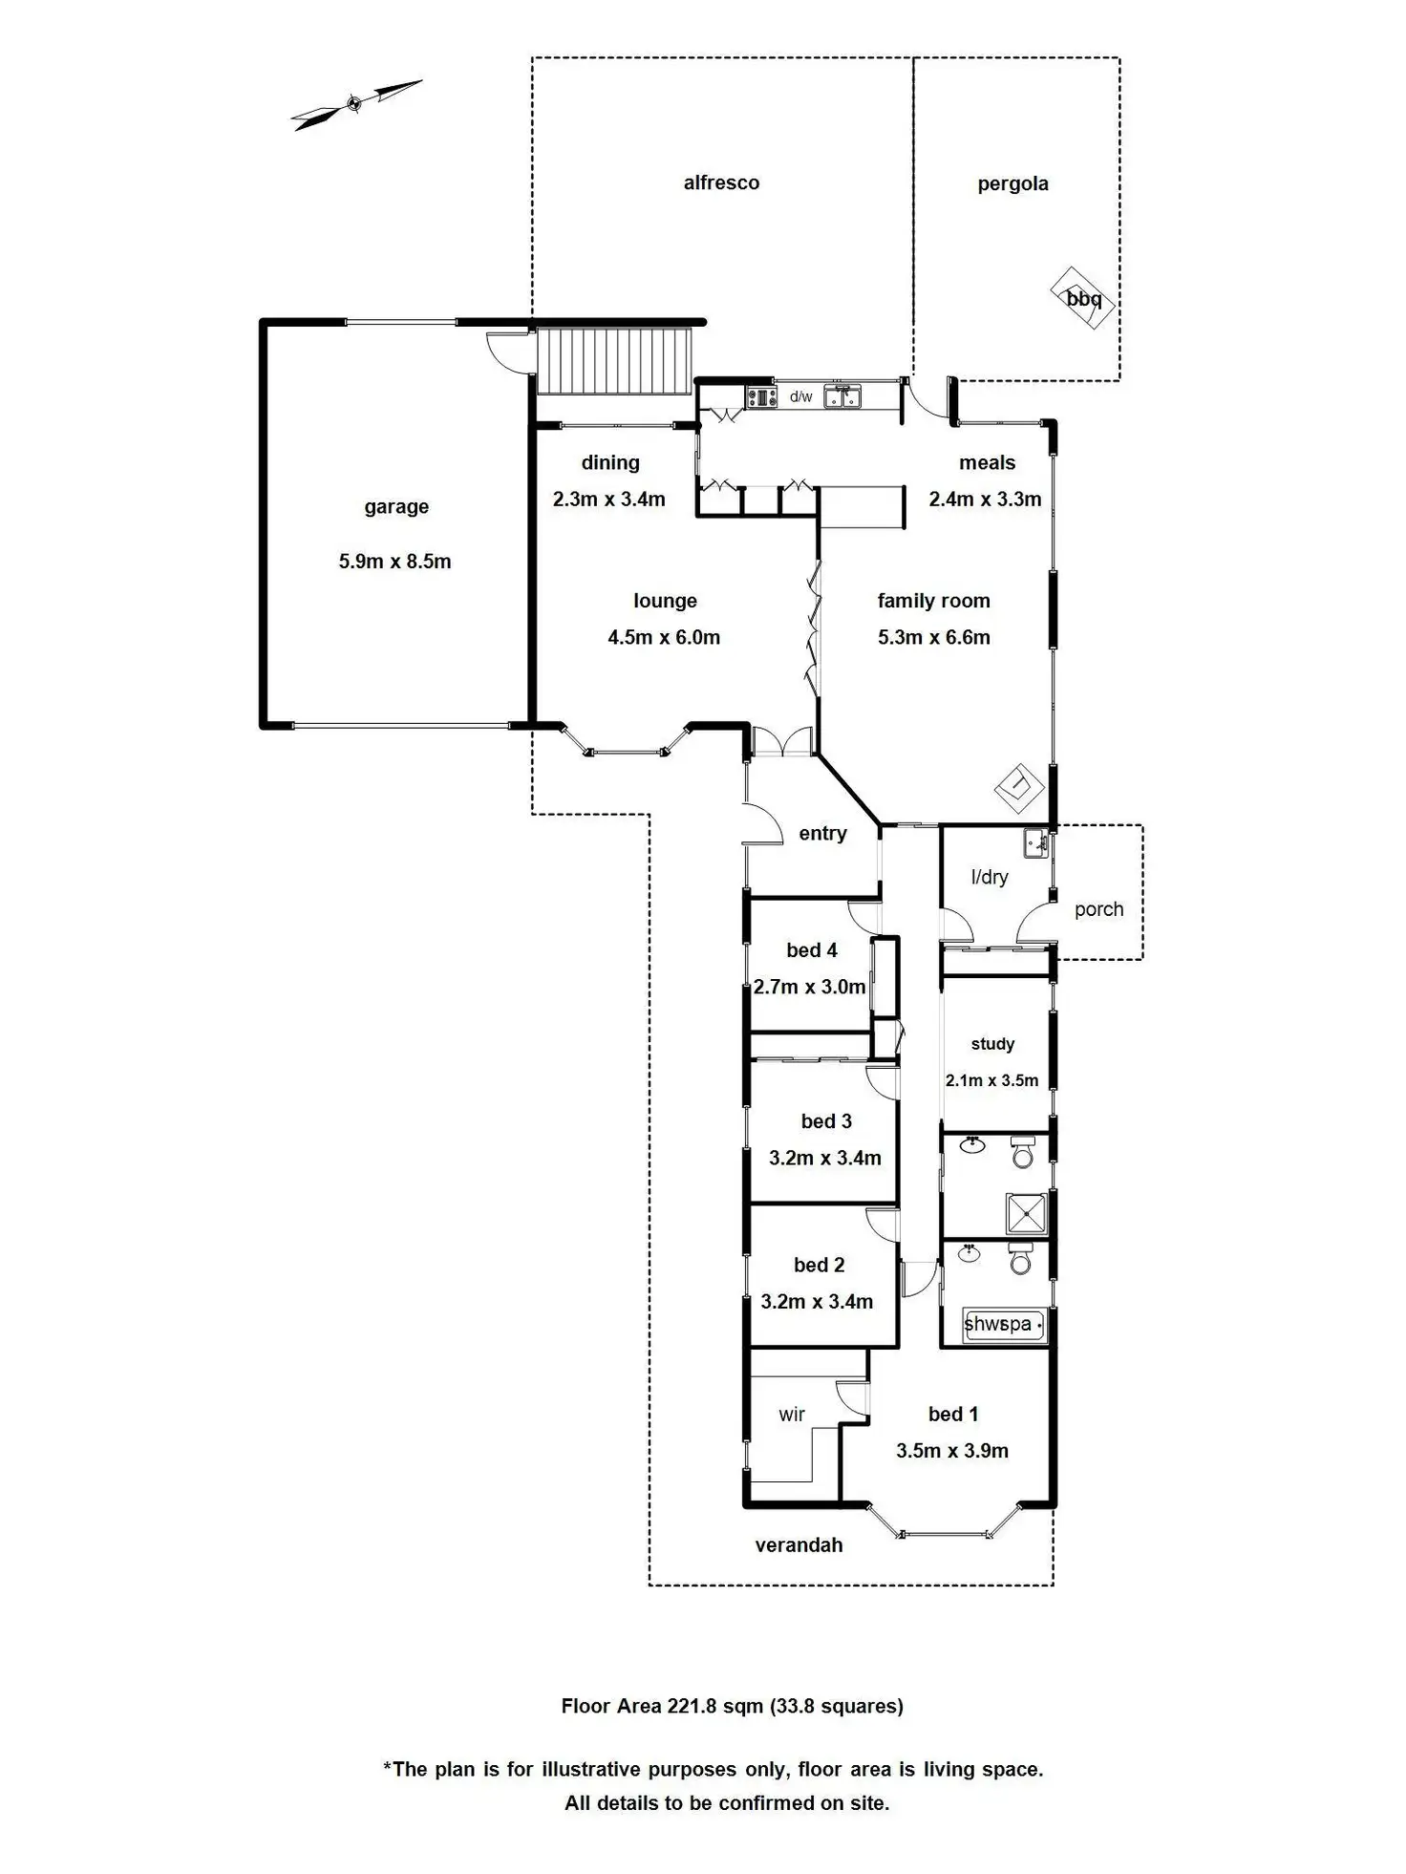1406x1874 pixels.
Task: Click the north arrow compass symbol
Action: pos(355,103)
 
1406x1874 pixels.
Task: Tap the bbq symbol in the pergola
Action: pos(1082,298)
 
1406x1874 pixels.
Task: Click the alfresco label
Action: pos(721,182)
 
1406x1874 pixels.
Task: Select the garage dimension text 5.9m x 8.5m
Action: pos(394,562)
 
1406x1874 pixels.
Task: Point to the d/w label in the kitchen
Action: pos(800,396)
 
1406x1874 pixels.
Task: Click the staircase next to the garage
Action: pos(613,360)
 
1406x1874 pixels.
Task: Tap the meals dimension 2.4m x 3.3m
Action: pos(985,499)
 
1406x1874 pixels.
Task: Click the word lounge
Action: pos(665,601)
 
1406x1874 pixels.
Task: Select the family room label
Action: pos(933,601)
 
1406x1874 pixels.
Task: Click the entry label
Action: pos(822,834)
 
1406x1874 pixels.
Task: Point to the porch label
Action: pos(1098,909)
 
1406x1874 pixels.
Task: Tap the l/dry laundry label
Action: pos(989,877)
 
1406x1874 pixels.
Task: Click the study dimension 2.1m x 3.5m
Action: pos(991,1080)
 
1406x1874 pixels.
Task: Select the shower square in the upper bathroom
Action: pos(1027,1213)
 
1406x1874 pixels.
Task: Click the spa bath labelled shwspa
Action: pos(1002,1324)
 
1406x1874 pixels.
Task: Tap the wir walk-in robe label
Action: pos(791,1415)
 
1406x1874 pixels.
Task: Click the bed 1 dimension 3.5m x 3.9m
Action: pos(951,1451)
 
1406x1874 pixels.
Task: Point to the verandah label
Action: pos(799,1545)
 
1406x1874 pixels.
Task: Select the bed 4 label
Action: pos(812,950)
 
